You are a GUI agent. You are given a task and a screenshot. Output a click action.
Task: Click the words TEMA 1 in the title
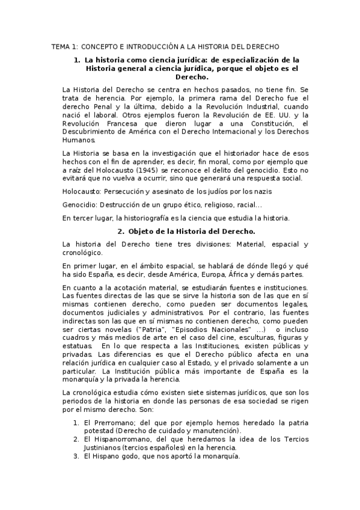tap(64, 46)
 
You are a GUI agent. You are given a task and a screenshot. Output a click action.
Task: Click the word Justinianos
tap(103, 447)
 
